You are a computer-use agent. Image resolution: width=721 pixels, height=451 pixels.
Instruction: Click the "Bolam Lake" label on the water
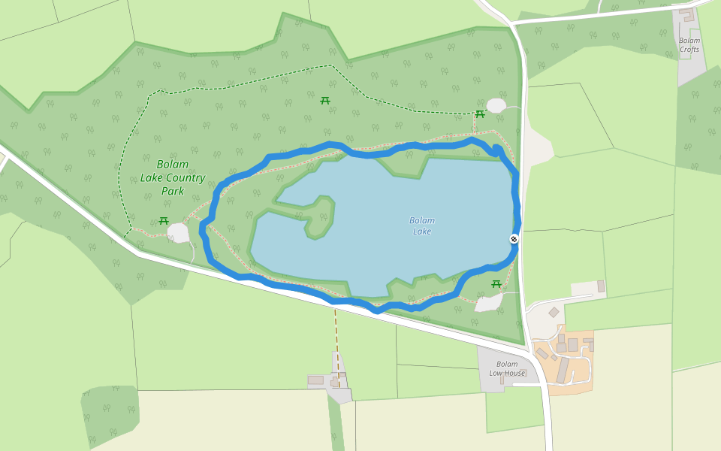pos(422,225)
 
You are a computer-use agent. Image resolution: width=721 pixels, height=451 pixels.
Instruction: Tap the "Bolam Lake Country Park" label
pos(173,177)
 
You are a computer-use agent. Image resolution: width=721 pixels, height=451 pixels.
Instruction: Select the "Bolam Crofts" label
pos(689,45)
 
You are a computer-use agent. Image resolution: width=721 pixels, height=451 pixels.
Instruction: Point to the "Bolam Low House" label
pos(508,368)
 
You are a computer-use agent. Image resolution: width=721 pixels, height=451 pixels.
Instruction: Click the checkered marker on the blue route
pos(514,239)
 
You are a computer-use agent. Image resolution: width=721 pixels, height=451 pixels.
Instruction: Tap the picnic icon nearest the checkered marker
pos(496,284)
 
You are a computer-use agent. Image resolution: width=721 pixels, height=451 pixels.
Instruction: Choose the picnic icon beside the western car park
pos(164,220)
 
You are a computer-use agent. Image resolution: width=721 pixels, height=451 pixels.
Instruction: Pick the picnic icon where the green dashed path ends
pos(480,114)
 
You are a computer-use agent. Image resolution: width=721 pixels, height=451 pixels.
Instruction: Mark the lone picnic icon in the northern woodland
pos(325,101)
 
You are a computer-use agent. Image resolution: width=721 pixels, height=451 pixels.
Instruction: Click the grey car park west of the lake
pos(179,233)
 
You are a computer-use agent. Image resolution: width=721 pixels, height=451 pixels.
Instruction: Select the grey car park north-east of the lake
pos(496,105)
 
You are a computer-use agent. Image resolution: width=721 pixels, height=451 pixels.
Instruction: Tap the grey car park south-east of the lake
pos(489,303)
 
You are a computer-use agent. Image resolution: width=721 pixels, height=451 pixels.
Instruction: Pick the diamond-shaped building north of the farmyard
pos(554,312)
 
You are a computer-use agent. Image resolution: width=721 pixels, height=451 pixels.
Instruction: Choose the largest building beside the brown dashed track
pos(316,380)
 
